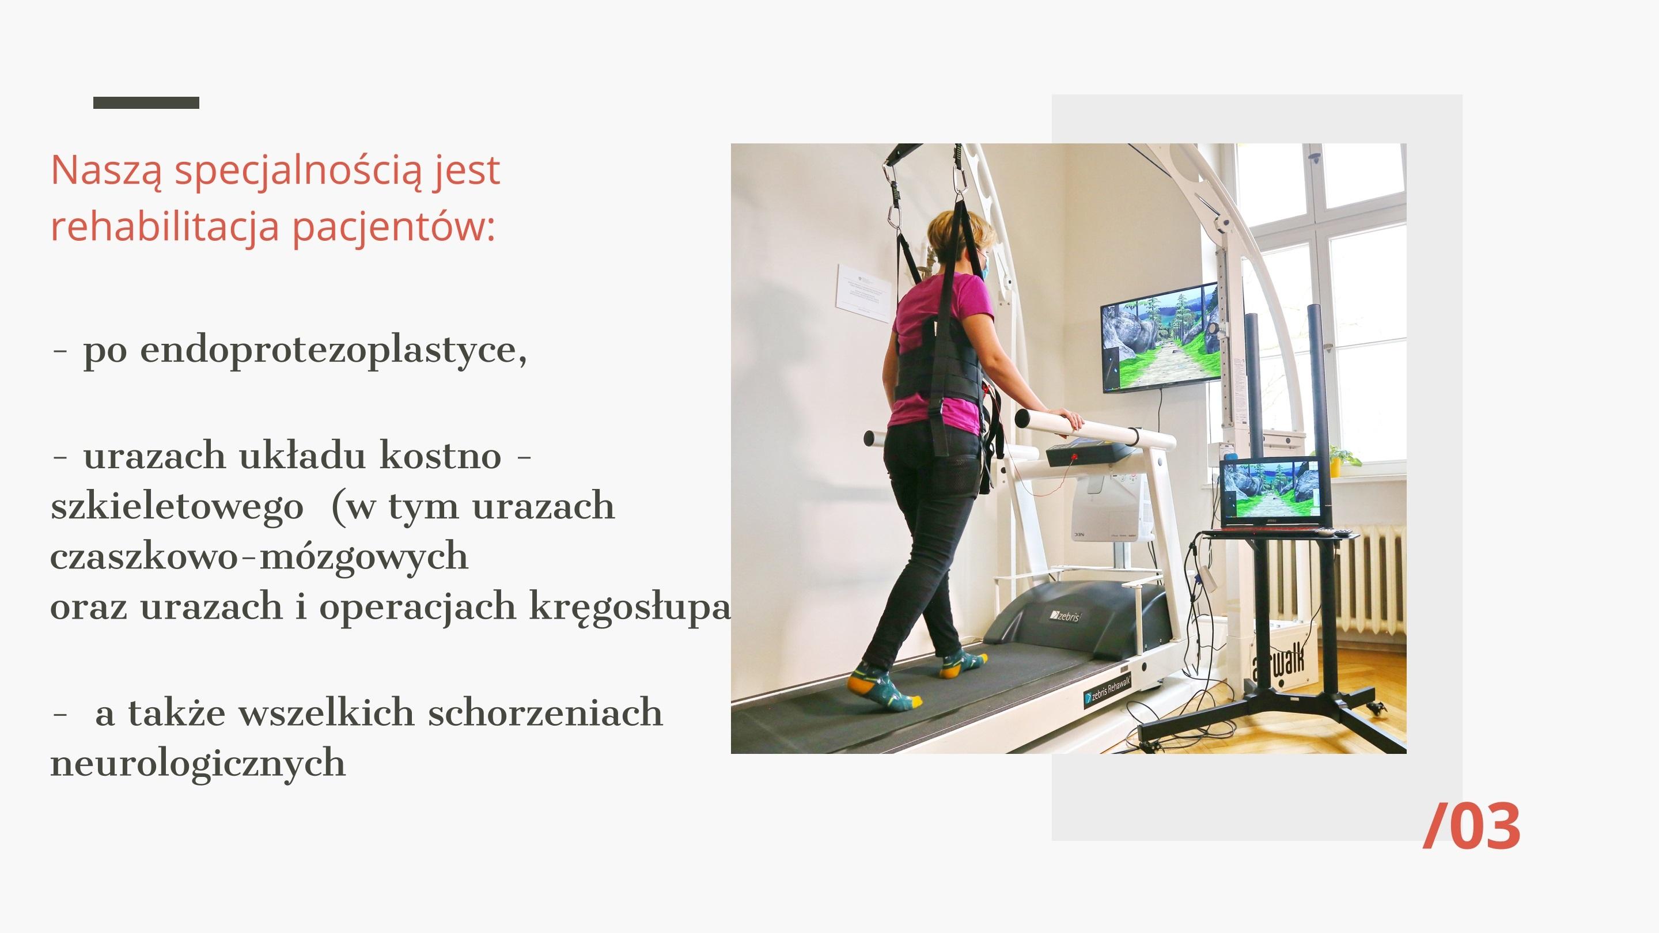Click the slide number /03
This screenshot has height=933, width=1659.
[x=1472, y=826]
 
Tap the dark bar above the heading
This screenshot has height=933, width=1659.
[x=146, y=103]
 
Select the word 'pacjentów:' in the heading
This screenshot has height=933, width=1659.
[x=394, y=227]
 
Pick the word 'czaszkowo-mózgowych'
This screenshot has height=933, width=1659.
[x=259, y=557]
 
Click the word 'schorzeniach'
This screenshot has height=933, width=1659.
[x=545, y=713]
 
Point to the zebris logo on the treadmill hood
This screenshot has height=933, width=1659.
[x=1065, y=616]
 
